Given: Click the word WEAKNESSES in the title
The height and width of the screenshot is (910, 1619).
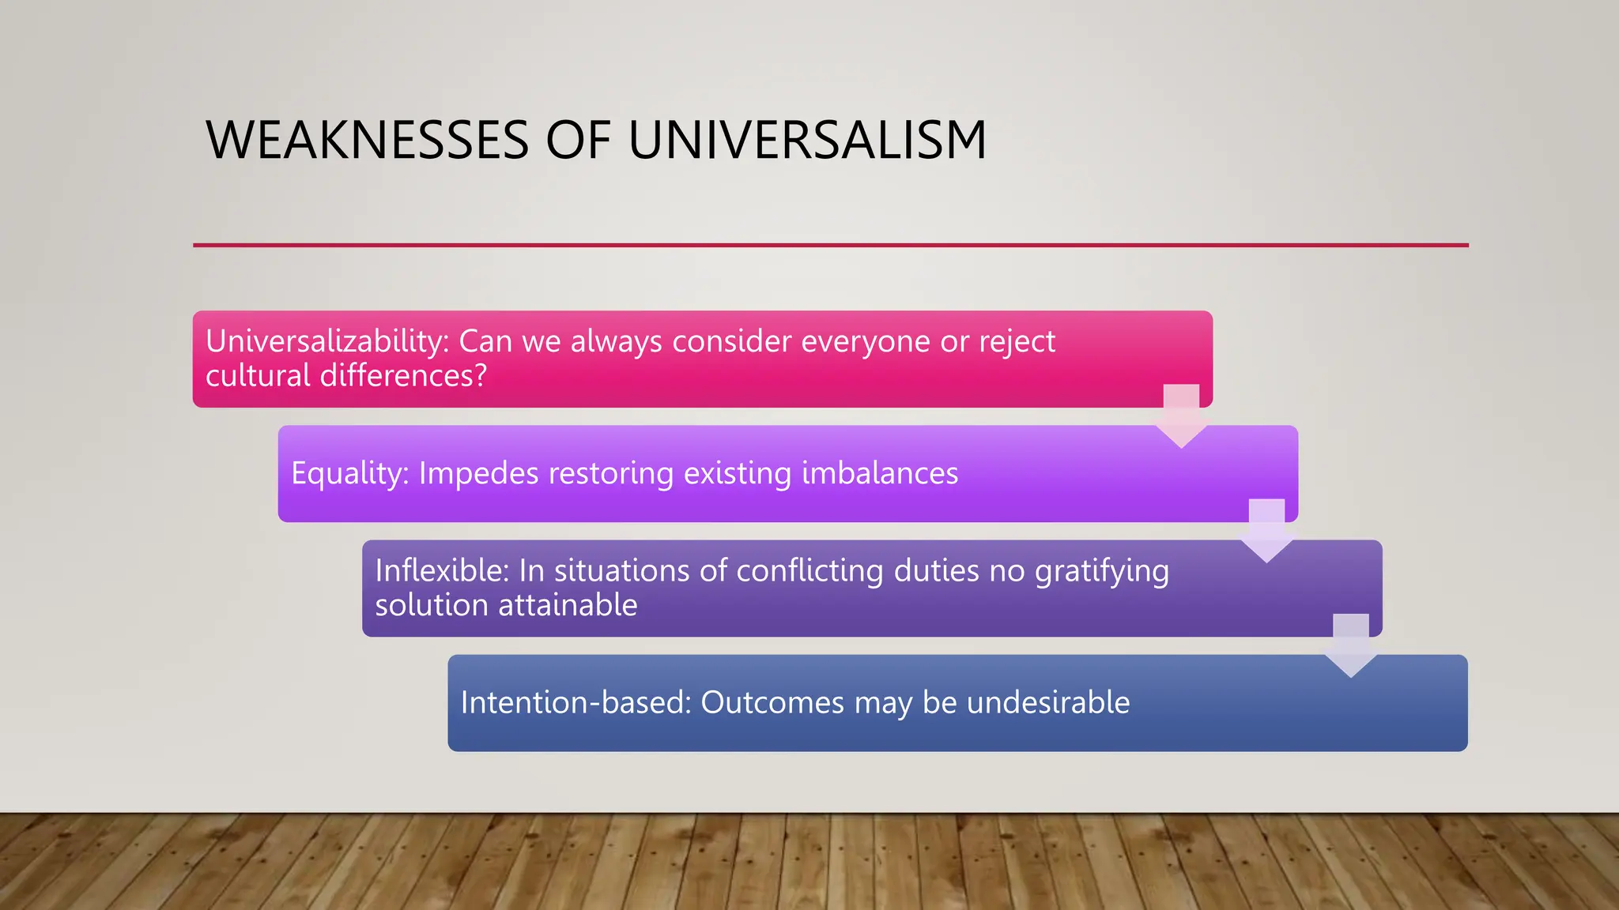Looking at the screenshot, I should tap(367, 141).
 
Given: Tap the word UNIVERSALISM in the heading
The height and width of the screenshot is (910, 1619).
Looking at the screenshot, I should tap(807, 141).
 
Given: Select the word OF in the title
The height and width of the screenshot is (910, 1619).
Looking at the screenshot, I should tap(578, 141).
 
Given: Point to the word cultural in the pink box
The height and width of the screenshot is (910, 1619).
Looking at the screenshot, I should tap(258, 375).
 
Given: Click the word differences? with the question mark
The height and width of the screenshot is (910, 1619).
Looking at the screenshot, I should tap(403, 375).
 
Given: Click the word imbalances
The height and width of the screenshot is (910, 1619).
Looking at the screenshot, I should tap(880, 473).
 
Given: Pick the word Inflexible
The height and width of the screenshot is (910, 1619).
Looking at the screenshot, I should tap(442, 570).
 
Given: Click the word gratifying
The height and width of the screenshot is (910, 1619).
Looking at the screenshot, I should tap(1102, 572).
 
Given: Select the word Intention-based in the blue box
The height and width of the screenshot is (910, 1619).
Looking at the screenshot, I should tap(576, 702).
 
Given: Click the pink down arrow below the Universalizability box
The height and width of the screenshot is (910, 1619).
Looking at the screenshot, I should tap(1181, 416).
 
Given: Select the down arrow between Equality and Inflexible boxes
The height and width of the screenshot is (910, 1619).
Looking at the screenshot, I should tap(1266, 530).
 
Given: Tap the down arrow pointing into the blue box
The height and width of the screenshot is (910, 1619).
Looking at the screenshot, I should tap(1351, 645).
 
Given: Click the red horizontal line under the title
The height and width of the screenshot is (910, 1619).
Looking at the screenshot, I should tap(830, 245).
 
